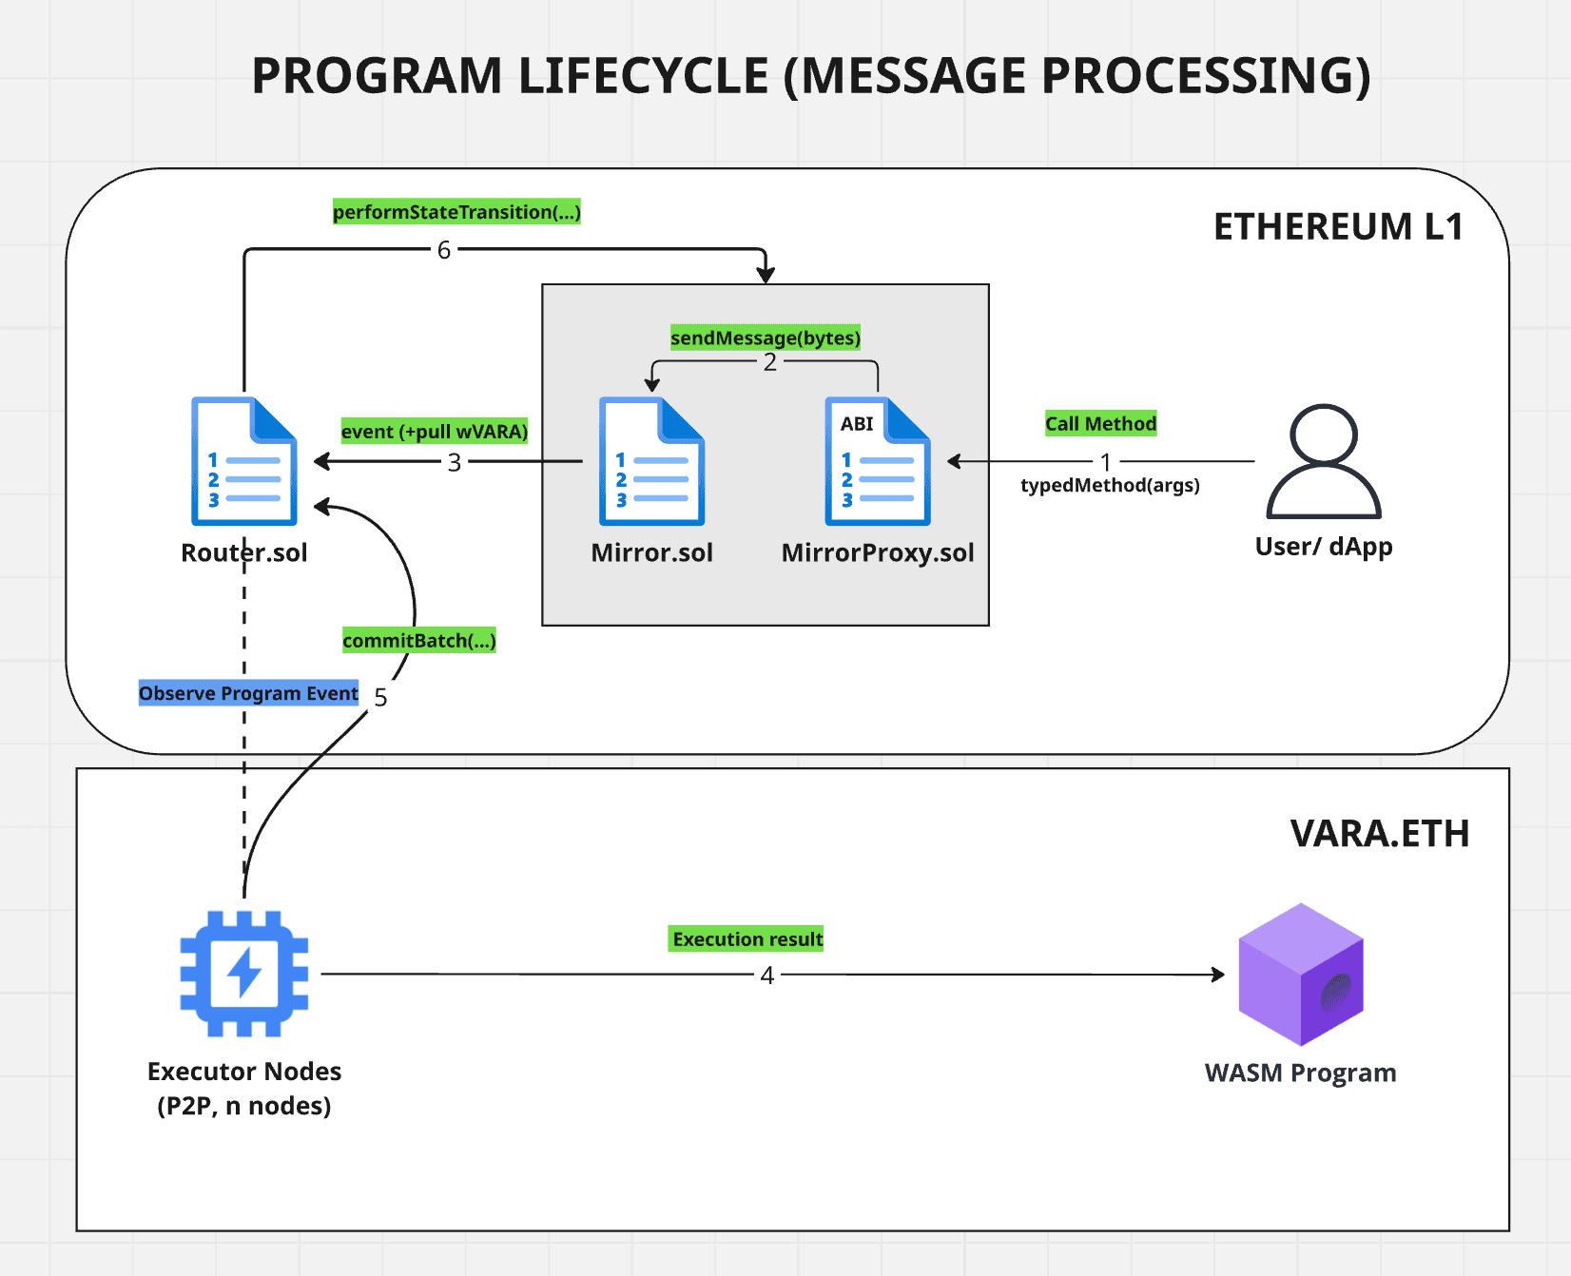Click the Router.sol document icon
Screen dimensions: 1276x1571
click(x=244, y=461)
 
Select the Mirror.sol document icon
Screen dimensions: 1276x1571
click(x=651, y=461)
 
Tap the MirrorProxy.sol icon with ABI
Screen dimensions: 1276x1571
click(x=877, y=461)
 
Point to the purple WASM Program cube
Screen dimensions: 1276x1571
click(x=1300, y=975)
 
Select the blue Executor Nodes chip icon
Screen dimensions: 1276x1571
click(x=244, y=974)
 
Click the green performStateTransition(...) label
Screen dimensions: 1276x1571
click(x=456, y=212)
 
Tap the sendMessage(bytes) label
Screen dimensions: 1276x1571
click(x=765, y=338)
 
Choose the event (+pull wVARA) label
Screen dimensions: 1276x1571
click(x=434, y=432)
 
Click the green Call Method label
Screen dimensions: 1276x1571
click(x=1100, y=424)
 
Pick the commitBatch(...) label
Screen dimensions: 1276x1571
click(x=418, y=641)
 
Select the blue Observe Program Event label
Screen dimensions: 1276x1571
click(x=248, y=693)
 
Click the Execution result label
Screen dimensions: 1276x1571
click(x=747, y=939)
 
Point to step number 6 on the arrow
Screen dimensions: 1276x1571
click(x=443, y=250)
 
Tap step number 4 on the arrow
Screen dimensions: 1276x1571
click(x=766, y=976)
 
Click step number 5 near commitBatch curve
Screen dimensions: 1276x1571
click(x=380, y=698)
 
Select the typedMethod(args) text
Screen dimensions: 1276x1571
click(x=1109, y=486)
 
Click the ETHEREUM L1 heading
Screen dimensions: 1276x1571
click(x=1337, y=227)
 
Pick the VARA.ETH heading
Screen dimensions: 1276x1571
click(x=1379, y=834)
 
